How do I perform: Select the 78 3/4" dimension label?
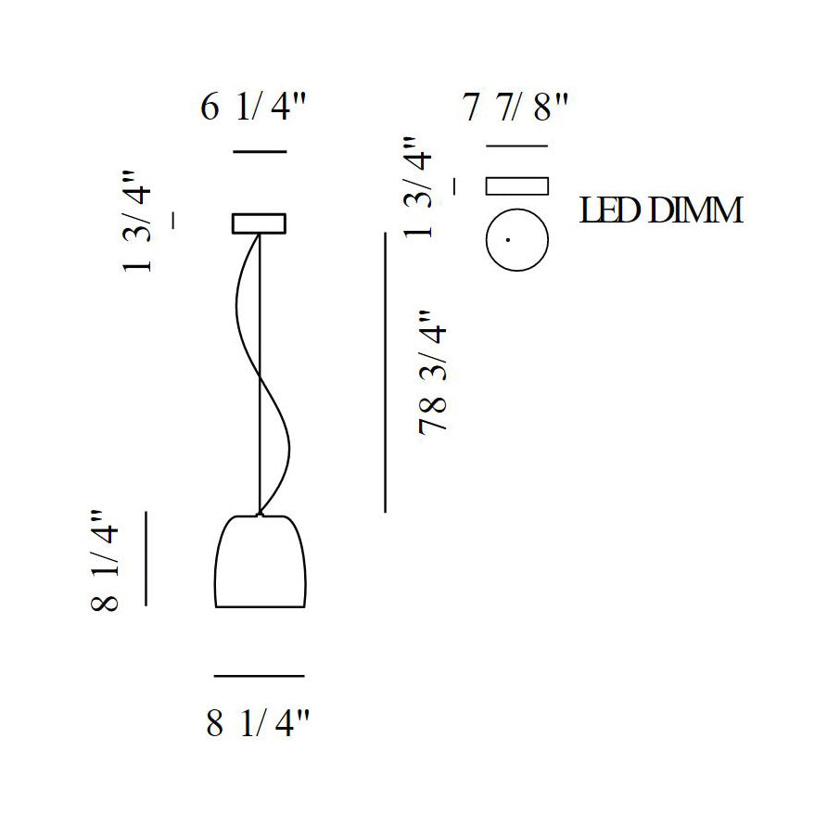pyautogui.click(x=432, y=371)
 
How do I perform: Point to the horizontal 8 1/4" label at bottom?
pyautogui.click(x=258, y=722)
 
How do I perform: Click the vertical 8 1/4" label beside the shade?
pyautogui.click(x=105, y=560)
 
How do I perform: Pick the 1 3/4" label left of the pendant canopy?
pyautogui.click(x=136, y=222)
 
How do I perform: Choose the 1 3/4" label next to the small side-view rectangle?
pyautogui.click(x=417, y=187)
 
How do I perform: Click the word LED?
pyautogui.click(x=611, y=210)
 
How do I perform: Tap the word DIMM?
pyautogui.click(x=695, y=210)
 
